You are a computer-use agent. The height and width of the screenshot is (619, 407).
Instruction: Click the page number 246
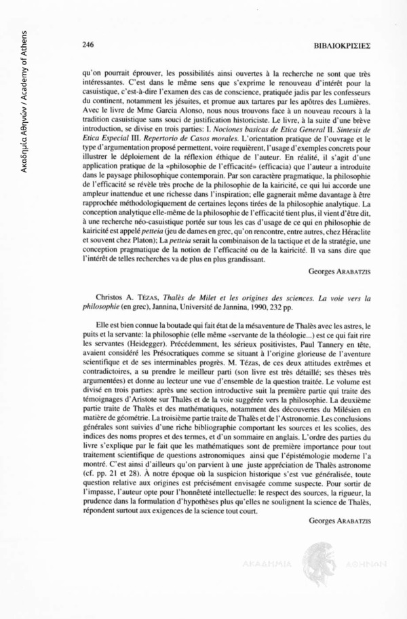[x=87, y=45]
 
